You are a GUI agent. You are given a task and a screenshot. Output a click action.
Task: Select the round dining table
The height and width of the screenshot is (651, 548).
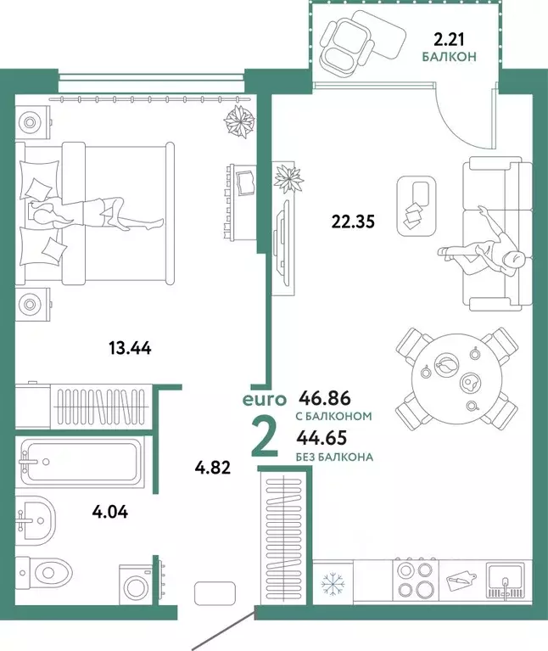point(456,375)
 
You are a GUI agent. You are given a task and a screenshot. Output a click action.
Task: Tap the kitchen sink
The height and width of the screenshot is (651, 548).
point(506,583)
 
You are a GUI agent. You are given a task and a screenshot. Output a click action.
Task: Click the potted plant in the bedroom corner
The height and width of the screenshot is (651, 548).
point(239,121)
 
